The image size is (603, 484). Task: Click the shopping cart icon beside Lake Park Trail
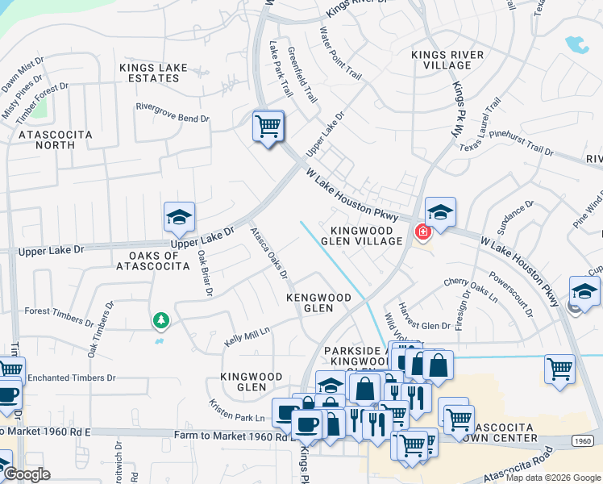tap(268, 126)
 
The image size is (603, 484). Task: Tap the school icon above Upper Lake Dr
tap(179, 217)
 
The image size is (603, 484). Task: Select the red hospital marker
tap(422, 232)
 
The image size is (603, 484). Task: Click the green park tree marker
tap(161, 321)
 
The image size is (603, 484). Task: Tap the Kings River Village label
tap(447, 60)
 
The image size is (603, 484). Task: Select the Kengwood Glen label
tap(320, 302)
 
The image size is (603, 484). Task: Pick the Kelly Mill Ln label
tap(246, 337)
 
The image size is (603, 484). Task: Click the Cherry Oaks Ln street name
tap(470, 288)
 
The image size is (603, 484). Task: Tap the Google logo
tap(27, 474)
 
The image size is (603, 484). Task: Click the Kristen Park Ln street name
tap(237, 411)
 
